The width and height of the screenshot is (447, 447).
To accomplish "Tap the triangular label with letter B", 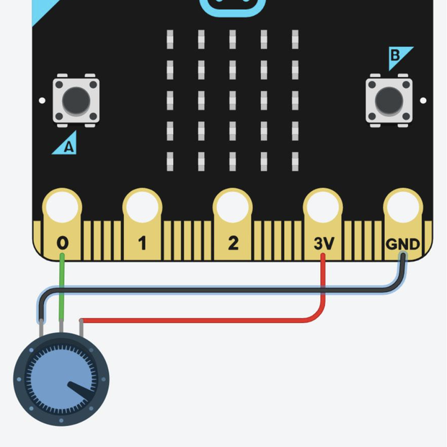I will click(399, 56).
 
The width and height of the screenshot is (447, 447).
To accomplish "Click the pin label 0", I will click(63, 244).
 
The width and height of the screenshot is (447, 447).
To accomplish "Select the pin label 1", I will click(142, 244).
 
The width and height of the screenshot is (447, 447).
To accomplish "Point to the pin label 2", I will click(233, 244).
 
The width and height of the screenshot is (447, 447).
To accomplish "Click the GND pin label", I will click(402, 244).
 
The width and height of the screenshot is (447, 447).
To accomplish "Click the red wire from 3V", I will click(202, 319).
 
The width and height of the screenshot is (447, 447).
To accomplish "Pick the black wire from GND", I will click(216, 290).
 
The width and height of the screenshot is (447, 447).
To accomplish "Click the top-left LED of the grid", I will click(170, 37).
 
